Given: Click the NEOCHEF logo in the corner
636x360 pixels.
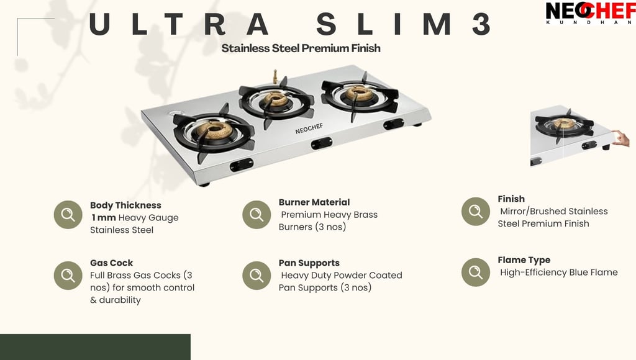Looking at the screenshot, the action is tap(591, 12).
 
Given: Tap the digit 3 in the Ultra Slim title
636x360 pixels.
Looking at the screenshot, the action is tap(481, 24).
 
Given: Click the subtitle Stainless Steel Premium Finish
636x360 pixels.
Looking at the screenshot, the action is tap(301, 48).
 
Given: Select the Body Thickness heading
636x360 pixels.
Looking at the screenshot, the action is tap(125, 205).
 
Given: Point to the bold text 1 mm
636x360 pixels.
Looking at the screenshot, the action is tap(104, 218).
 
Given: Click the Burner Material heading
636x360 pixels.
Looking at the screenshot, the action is tap(314, 202).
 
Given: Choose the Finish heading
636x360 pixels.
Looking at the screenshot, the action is tap(511, 199).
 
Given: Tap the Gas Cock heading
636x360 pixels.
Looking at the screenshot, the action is tap(112, 263).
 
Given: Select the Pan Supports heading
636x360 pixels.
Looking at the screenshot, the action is tap(309, 263).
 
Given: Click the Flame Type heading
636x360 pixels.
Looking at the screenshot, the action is tap(524, 260).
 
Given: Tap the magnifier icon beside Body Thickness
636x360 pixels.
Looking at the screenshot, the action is tap(68, 215).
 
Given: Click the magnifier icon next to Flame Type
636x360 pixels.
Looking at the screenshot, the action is tap(476, 272).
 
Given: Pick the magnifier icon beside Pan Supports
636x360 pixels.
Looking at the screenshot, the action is tap(257, 275).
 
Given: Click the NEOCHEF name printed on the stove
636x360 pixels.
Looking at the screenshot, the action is tap(309, 128).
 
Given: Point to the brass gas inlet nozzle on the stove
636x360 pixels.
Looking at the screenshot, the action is tap(275, 76).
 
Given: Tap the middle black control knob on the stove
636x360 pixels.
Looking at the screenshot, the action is tap(322, 143).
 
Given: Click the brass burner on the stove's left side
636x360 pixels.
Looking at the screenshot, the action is tap(214, 130).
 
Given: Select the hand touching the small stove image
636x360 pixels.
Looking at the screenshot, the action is tap(621, 138).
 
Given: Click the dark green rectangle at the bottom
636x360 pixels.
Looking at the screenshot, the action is tap(95, 347).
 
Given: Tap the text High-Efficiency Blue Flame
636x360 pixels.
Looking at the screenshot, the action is tap(559, 272).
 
